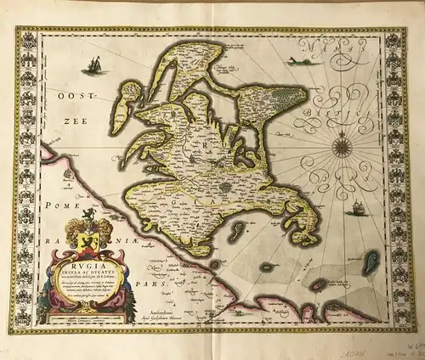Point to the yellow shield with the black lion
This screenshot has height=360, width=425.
[x=85, y=232]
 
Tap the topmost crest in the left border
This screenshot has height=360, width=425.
[x=26, y=39]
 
